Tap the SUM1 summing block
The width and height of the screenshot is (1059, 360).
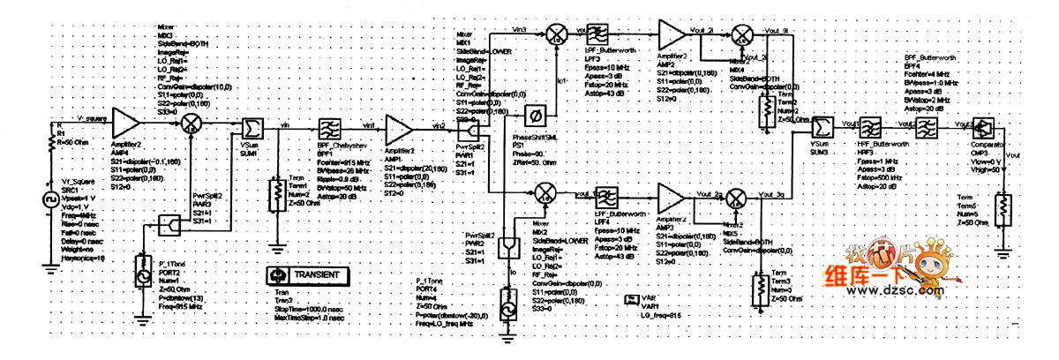[x=250, y=129]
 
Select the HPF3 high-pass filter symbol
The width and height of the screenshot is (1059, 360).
[x=871, y=127]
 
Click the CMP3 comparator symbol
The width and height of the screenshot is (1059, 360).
[x=984, y=127]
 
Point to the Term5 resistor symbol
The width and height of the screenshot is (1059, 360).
[x=1003, y=209]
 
